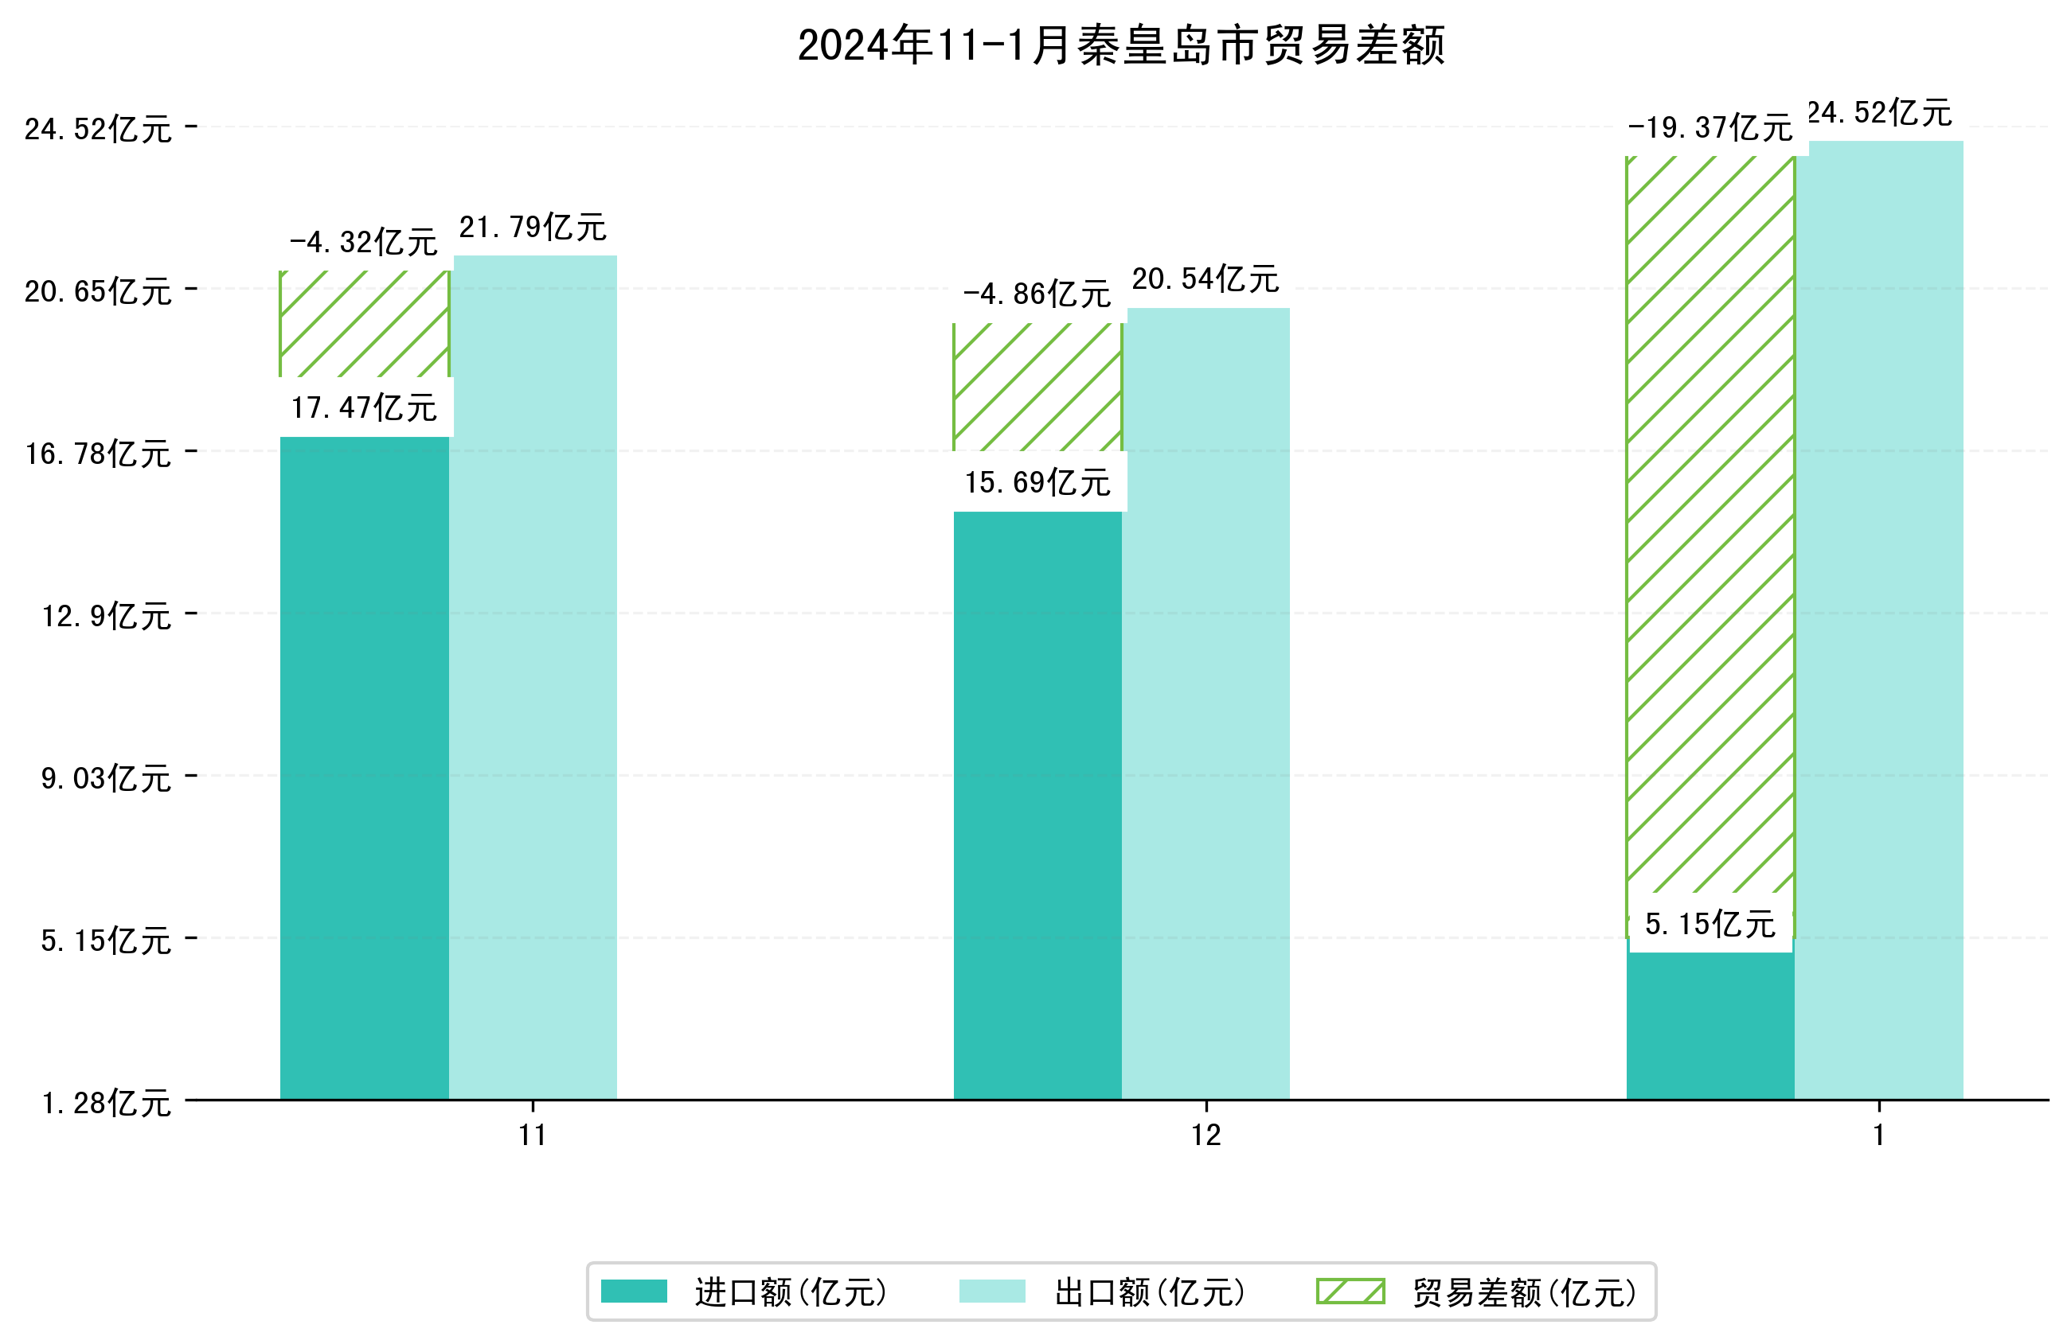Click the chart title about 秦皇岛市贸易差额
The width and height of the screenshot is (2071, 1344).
1121,45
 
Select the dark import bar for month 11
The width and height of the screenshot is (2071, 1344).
364,765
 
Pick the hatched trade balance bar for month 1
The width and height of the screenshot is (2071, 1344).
1710,522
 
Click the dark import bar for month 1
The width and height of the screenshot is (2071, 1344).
1710,1027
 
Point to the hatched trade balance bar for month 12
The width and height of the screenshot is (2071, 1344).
1037,387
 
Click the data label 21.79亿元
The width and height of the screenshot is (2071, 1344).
533,228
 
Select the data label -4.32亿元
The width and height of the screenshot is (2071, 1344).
364,243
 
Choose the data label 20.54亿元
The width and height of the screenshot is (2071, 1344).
1205,279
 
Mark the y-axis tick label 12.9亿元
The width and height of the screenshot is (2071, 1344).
106,616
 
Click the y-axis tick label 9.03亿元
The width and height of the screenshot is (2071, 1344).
106,777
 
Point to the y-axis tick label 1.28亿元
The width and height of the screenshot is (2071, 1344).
106,1103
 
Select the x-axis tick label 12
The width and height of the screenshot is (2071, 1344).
1206,1135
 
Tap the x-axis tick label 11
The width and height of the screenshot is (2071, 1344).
533,1135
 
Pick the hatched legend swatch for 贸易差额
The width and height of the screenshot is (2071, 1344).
1350,1291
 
